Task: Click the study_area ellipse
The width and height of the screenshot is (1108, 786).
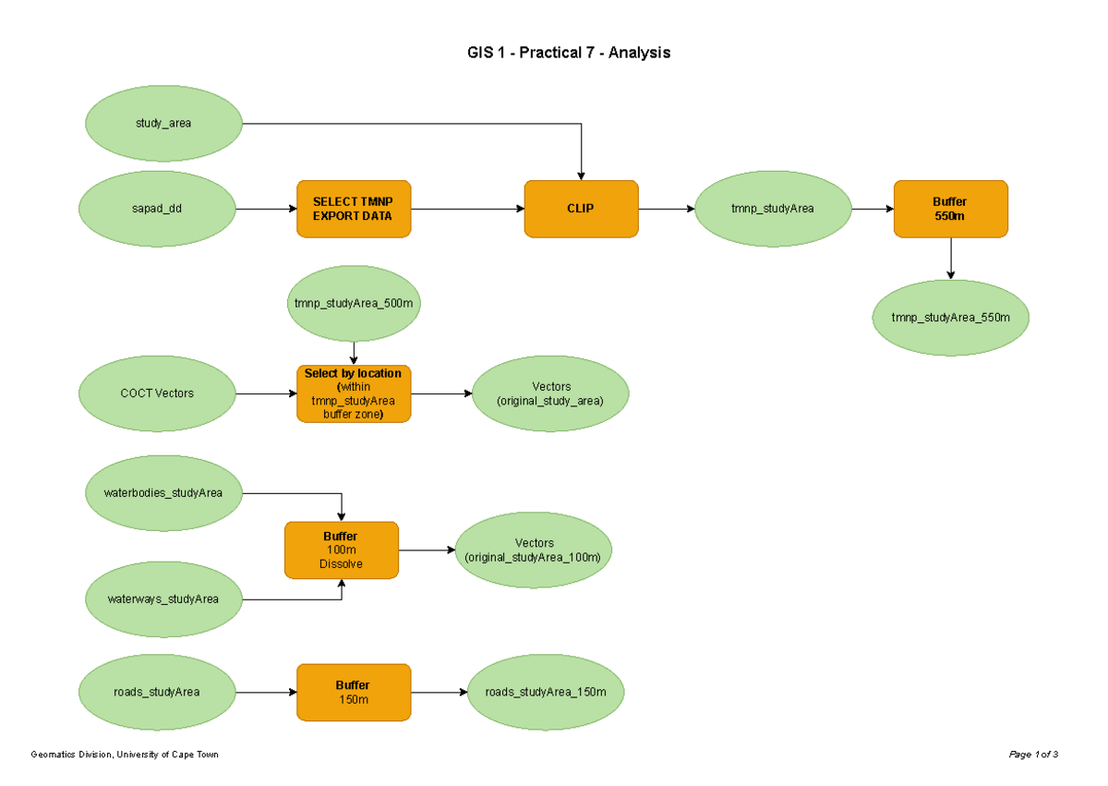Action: pos(163,123)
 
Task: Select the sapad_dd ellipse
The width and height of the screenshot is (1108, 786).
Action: pos(157,209)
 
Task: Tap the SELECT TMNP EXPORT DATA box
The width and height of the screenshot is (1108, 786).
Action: pos(354,209)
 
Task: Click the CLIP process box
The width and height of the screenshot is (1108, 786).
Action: pos(581,209)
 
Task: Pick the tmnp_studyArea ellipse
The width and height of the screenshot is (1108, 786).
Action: pos(772,209)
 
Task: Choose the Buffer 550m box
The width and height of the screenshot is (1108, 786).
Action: pos(950,209)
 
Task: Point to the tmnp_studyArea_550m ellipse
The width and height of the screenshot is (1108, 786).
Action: pos(950,318)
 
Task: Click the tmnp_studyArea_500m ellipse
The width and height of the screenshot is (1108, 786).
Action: pos(354,303)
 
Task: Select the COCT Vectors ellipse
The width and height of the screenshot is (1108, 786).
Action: pos(157,393)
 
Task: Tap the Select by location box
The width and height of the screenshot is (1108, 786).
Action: pos(354,393)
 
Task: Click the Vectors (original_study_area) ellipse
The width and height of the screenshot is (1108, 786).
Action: pos(550,393)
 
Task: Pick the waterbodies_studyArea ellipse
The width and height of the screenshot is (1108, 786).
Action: pos(163,492)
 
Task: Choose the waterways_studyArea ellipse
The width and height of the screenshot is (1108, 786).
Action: pos(163,599)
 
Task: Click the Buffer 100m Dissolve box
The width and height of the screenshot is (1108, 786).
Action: pos(342,550)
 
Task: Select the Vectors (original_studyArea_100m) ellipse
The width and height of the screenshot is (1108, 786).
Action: pos(533,550)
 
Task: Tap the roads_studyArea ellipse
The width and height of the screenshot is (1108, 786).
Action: pos(157,692)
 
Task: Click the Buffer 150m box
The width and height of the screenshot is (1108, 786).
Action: pos(354,692)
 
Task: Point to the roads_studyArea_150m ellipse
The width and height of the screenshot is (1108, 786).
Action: pos(546,692)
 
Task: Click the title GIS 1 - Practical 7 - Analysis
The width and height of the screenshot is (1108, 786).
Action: pos(568,53)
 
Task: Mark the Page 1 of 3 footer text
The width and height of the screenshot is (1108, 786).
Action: pos(1033,755)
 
